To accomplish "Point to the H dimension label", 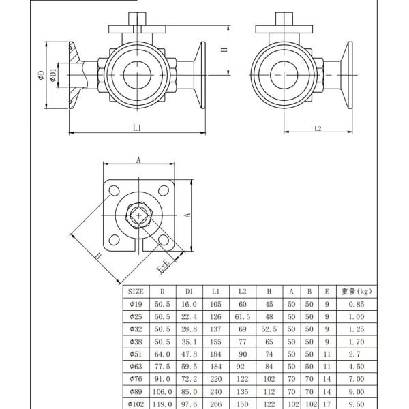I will [224, 50].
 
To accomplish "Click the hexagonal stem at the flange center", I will [140, 215].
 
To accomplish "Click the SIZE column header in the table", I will [136, 291].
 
